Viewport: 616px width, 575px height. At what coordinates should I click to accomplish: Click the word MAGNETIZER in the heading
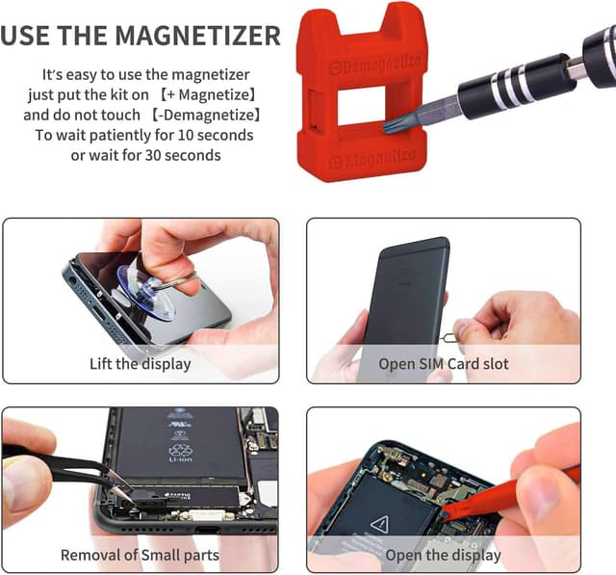197,37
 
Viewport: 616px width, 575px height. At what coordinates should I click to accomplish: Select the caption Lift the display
141,364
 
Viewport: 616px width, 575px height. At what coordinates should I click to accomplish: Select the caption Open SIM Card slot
444,364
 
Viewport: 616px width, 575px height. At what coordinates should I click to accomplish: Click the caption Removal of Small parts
140,555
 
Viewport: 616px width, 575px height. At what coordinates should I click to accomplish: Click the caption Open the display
443,555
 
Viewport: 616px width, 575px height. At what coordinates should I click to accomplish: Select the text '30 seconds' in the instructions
188,155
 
